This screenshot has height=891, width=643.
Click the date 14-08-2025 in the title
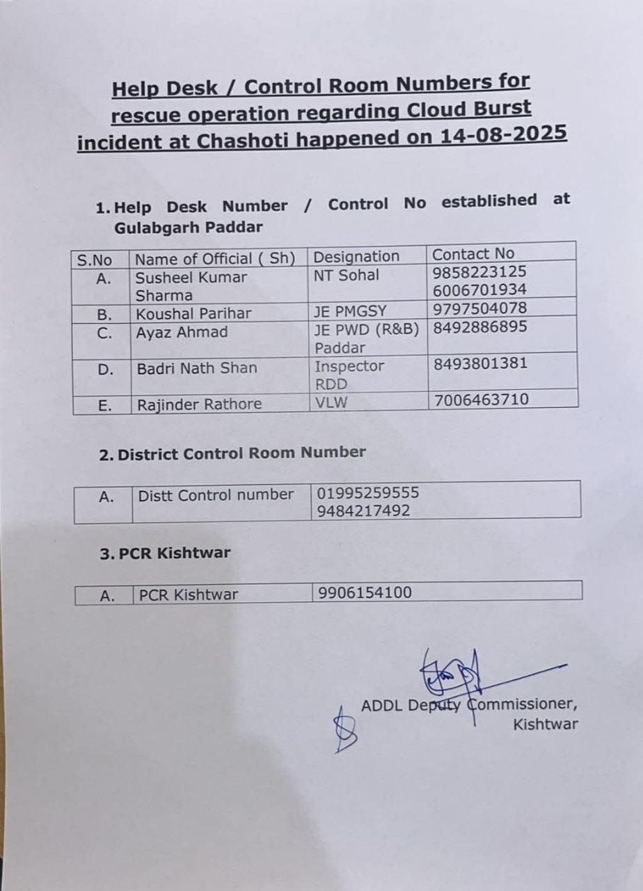point(503,133)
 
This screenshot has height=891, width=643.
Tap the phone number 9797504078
point(479,308)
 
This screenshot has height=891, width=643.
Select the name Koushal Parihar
point(193,313)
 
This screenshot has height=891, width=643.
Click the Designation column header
point(356,256)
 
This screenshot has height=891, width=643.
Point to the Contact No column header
point(473,254)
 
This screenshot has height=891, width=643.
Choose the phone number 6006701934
point(479,290)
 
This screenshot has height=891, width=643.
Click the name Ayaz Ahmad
point(182,332)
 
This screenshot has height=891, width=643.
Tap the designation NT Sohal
point(347,275)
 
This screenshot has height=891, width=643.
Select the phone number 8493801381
point(480,363)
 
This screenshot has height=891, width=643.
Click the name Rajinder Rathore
point(199,404)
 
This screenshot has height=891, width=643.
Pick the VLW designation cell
point(331,401)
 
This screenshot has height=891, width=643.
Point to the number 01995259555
point(368,493)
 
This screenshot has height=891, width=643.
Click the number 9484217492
point(363,511)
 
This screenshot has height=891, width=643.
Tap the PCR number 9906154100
point(365,592)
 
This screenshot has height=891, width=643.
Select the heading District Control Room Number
point(241,453)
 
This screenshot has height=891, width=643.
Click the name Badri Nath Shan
point(196,368)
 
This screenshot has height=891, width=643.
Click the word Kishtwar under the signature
point(545,724)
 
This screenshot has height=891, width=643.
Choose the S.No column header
point(95,260)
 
